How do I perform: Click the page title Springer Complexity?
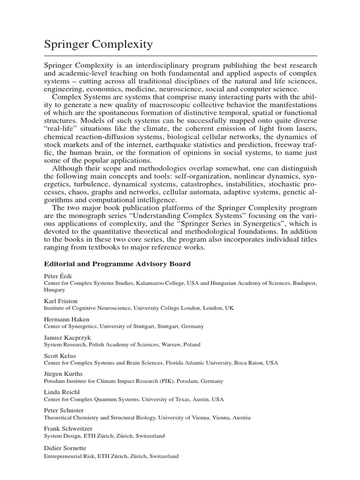coord(98,45)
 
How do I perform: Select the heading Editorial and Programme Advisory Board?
coord(117,264)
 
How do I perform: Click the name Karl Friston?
coord(60,301)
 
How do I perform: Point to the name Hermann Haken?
coord(67,319)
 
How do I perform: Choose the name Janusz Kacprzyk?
coord(67,337)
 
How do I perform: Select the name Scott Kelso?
coord(60,356)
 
